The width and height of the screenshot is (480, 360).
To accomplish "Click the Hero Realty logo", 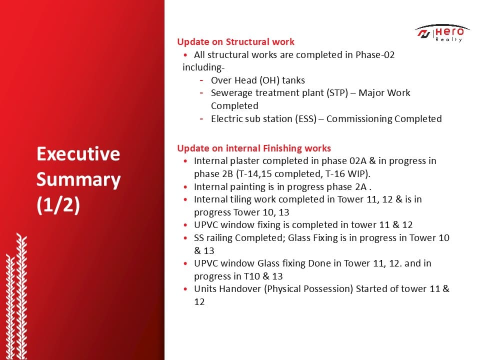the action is pos(442,33).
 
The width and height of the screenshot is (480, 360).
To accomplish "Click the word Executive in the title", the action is pos(78,153).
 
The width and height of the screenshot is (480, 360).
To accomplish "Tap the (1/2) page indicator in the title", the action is pos(58,205).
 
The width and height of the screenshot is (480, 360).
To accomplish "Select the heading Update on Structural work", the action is pos(235,41).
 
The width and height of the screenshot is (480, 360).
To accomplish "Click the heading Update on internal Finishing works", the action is pos(254,148).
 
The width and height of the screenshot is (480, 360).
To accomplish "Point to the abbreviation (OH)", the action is pos(269,80).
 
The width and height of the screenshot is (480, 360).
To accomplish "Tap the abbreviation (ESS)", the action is pos(306,119).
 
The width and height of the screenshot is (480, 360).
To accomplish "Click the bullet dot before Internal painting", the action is pos(185,186).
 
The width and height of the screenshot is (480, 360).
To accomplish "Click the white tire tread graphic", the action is pos(16,296).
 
